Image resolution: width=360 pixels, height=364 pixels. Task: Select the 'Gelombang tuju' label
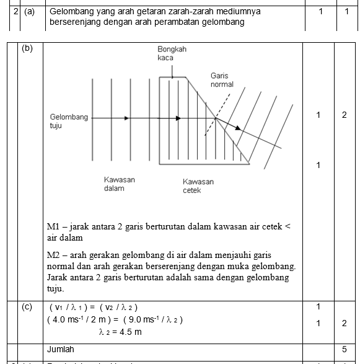tap(69, 121)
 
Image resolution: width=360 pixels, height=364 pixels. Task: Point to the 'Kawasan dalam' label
tap(119, 184)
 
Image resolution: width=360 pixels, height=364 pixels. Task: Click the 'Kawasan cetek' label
tap(198, 186)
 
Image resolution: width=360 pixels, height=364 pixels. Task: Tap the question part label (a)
tap(30, 11)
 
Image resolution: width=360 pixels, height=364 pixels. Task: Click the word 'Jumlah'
tap(61, 349)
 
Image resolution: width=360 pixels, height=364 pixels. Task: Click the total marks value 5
tap(345, 349)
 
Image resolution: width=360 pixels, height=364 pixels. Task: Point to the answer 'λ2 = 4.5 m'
tap(120, 332)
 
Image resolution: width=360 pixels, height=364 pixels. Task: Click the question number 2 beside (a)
tap(14, 11)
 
